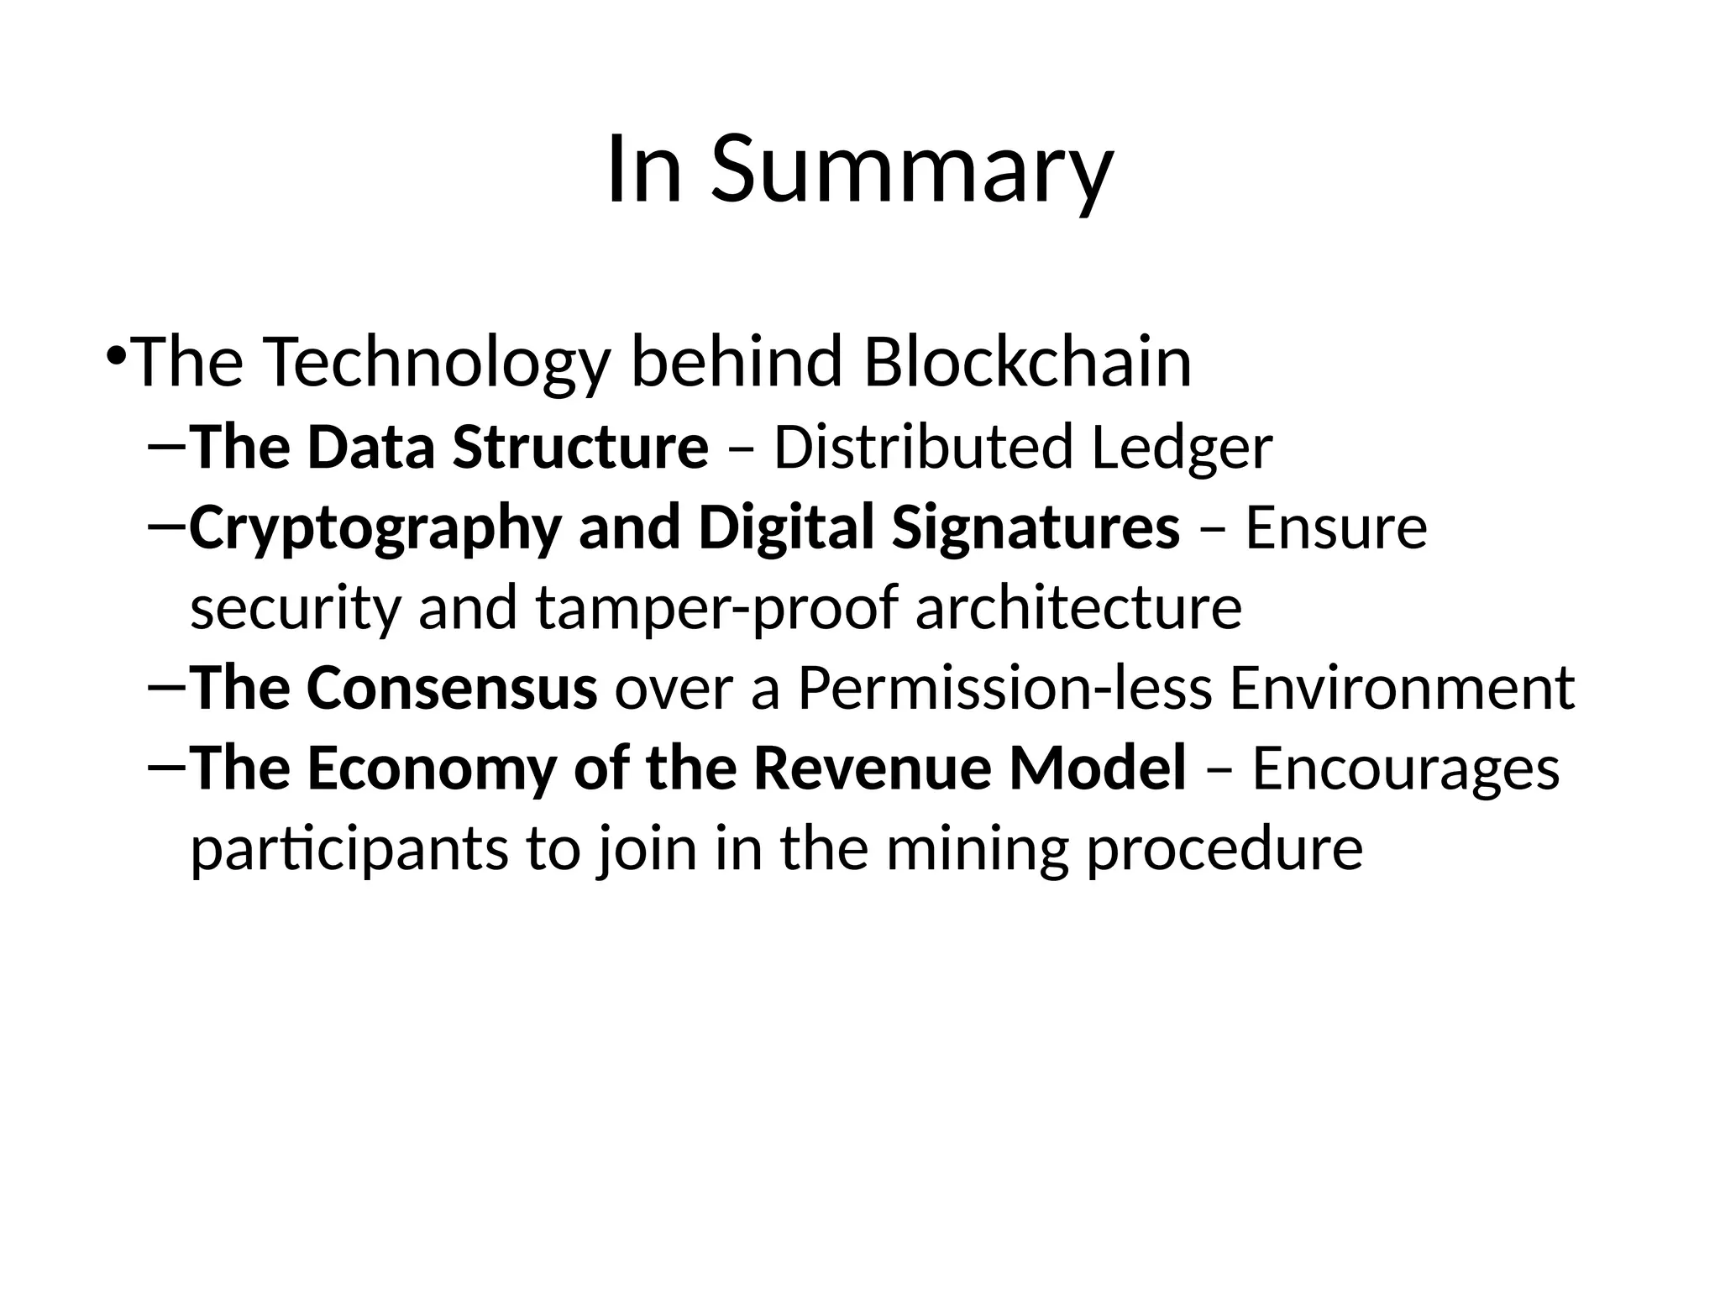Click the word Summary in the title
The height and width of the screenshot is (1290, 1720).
[911, 170]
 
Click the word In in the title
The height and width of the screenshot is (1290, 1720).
[643, 170]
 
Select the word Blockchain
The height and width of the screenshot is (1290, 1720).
[1027, 363]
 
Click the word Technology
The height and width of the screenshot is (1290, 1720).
[436, 363]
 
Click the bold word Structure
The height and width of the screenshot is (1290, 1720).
[580, 447]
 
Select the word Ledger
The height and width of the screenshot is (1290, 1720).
[1182, 447]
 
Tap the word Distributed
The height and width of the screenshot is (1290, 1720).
[923, 447]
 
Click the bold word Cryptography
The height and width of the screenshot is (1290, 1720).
[375, 527]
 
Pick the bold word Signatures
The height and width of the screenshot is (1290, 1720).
[1035, 527]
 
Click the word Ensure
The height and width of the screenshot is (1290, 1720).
[1336, 527]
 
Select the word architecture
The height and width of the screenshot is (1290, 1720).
[1078, 608]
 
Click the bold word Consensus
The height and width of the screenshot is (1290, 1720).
[451, 688]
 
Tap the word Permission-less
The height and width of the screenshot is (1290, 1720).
[1005, 688]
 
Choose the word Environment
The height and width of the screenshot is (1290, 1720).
[1402, 688]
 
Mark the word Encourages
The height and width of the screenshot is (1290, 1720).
[1405, 768]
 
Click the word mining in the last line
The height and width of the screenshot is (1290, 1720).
[977, 849]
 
